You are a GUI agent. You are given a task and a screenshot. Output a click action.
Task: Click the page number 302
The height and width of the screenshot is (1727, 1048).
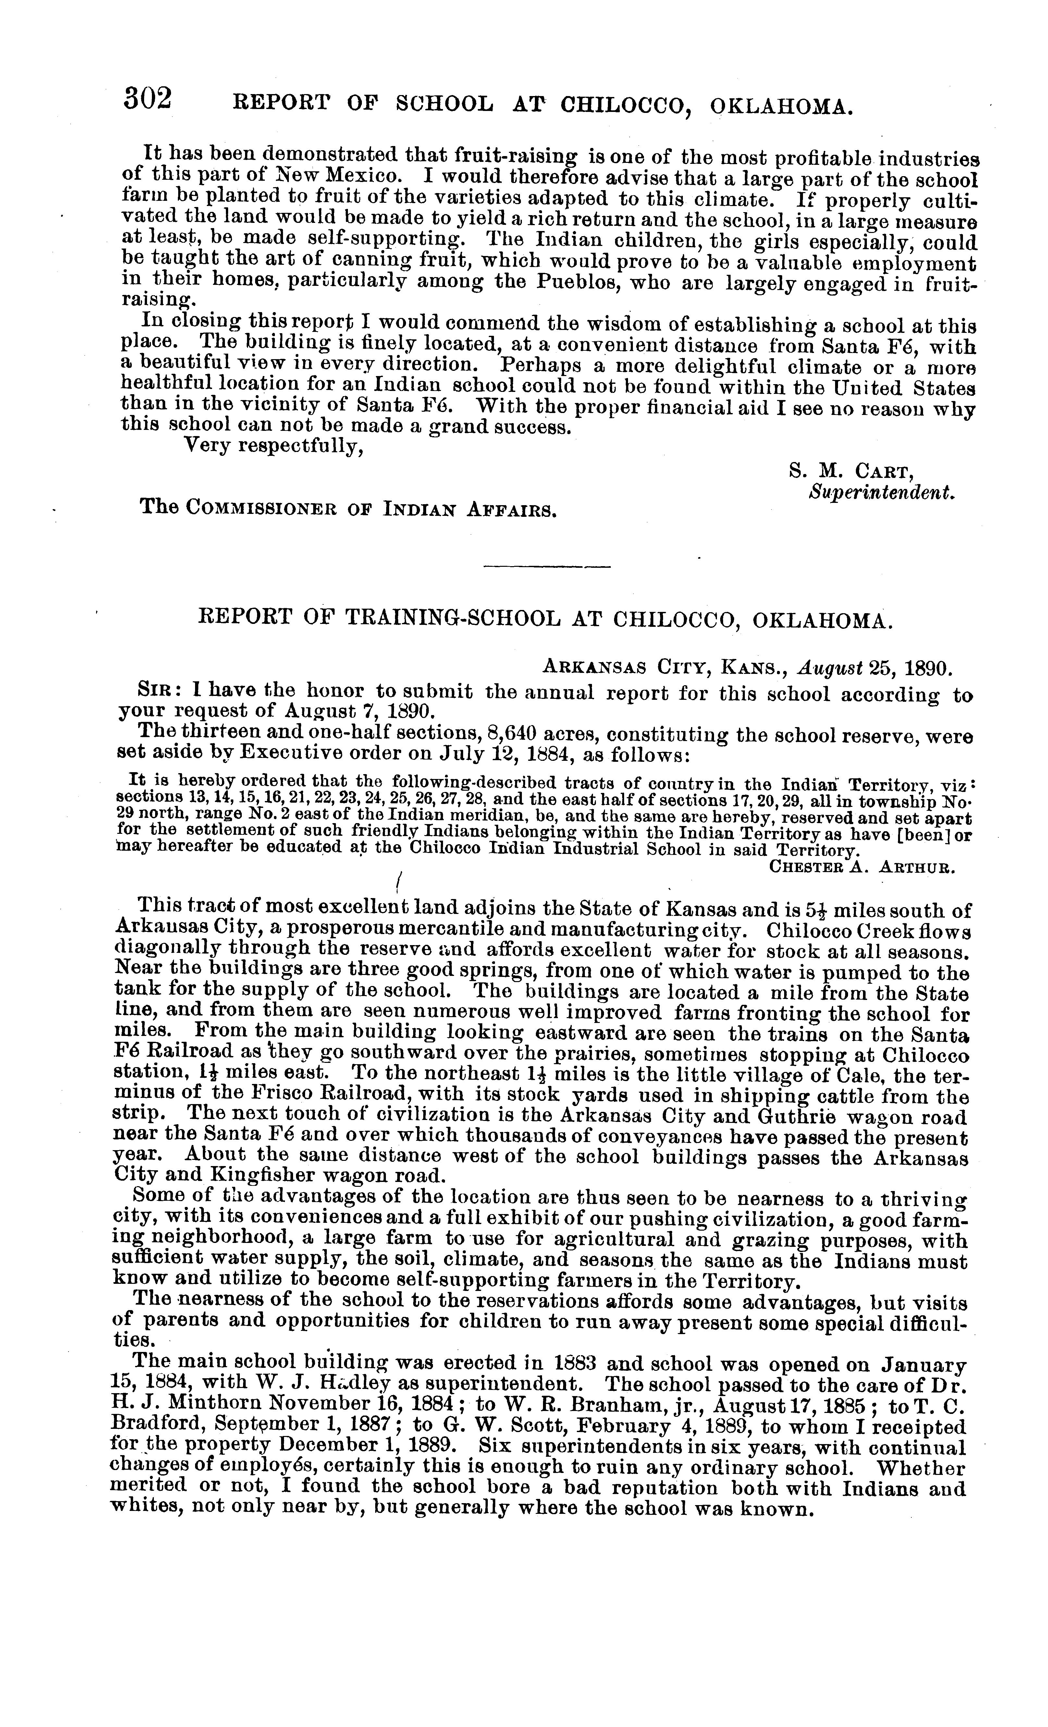tap(147, 98)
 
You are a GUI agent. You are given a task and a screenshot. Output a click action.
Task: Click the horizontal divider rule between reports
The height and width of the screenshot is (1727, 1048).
tap(548, 566)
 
